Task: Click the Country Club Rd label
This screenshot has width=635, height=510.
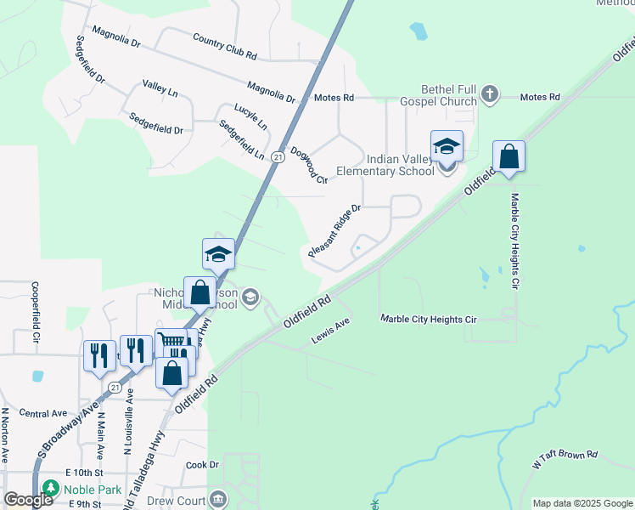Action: pos(224,47)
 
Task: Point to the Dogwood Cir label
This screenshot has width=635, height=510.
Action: pos(309,165)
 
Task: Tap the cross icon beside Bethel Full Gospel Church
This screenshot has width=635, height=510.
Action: pos(489,93)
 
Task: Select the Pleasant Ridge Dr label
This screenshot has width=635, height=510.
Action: pos(335,230)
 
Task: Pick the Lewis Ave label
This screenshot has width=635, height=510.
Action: pos(330,331)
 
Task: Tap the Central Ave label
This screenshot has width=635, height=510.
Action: pos(42,414)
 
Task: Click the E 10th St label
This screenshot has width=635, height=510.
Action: pos(84,473)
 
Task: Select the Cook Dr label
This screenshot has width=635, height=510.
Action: pos(203,465)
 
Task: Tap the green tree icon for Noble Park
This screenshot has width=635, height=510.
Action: pos(51,489)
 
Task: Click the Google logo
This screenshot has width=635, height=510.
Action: pos(28,501)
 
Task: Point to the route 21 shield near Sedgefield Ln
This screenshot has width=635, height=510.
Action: pos(278,157)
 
